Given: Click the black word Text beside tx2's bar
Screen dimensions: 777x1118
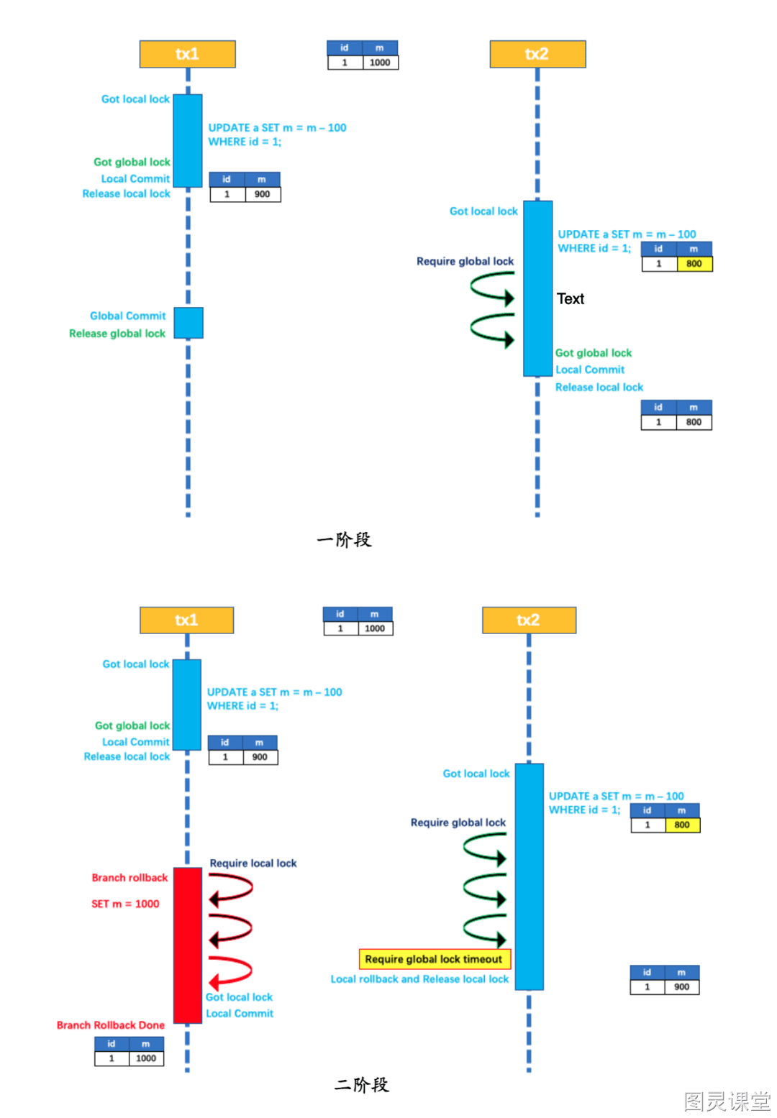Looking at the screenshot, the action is (570, 298).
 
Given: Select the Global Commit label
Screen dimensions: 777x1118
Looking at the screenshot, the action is (128, 316).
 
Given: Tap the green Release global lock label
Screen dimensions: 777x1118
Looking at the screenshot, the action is (117, 333).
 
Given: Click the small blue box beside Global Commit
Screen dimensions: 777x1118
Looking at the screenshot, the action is (188, 322).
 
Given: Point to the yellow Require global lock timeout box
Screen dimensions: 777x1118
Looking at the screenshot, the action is (435, 958).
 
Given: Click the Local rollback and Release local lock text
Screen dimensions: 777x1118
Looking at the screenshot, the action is (419, 979).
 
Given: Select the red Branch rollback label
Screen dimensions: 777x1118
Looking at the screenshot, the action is (129, 877).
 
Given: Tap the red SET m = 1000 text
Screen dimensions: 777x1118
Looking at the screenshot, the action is (125, 903).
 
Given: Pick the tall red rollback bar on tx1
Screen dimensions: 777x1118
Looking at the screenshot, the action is (188, 945).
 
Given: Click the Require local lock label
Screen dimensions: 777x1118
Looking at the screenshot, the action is (253, 863).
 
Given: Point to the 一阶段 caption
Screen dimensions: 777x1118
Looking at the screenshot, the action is (344, 539).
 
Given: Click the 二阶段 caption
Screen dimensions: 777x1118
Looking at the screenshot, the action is (362, 1084).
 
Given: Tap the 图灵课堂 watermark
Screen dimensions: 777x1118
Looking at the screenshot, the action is (727, 1101).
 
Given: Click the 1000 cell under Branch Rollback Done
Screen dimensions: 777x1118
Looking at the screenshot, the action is (146, 1058).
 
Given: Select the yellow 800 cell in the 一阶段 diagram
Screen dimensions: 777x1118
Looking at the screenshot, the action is (694, 264).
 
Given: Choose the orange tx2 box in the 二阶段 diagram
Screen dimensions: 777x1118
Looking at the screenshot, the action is (529, 620).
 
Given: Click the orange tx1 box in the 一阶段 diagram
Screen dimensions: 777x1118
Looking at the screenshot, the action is (187, 54).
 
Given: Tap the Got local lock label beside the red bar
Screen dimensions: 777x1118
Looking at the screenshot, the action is (239, 996).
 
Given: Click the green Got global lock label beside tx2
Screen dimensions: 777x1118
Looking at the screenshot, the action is (594, 353).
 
